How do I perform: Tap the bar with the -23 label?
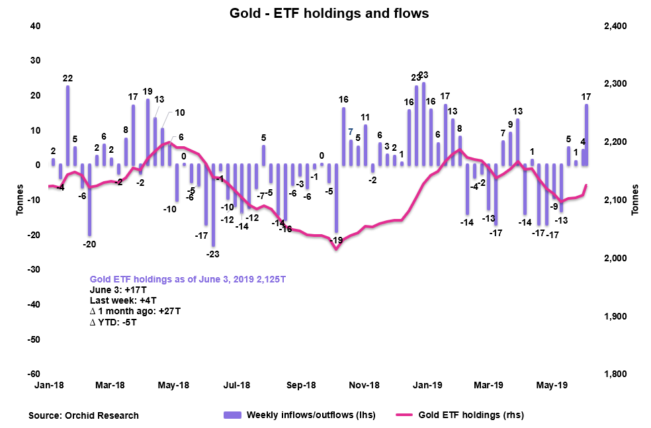tap(213, 204)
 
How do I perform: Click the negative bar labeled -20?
tap(89, 199)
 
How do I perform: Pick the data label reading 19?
tap(148, 91)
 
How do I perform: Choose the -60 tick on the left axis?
tap(32, 374)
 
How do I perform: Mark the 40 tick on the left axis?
tap(35, 26)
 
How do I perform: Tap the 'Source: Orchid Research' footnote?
tap(84, 415)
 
